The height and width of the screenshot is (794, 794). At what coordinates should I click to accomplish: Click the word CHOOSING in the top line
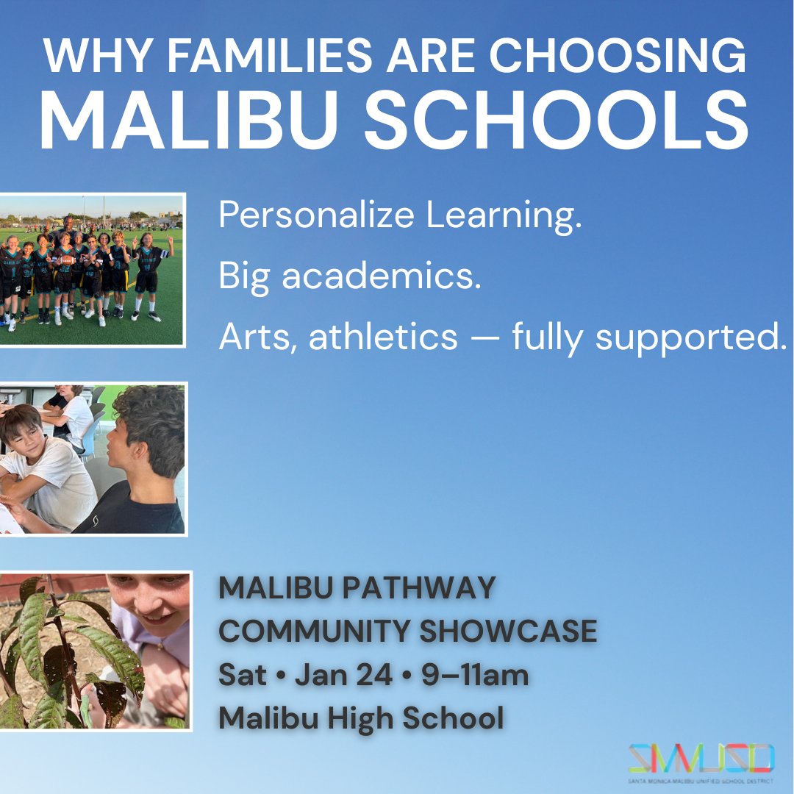[x=620, y=57]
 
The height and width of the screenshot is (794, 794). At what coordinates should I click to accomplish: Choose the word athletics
[x=383, y=337]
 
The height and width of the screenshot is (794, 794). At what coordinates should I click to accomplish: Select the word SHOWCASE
[x=509, y=632]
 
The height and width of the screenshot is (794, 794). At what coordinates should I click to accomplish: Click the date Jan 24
[x=343, y=676]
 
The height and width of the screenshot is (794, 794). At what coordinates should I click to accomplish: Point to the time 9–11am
[x=475, y=676]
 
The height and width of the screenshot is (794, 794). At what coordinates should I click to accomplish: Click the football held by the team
[x=66, y=260]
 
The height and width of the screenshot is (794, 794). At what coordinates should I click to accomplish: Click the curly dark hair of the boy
[x=150, y=426]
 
